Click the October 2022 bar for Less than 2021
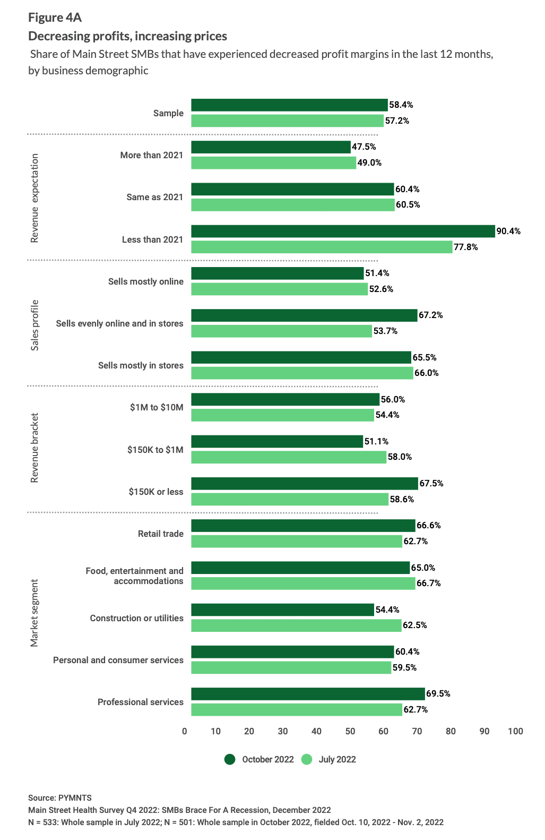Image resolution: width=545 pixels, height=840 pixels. click(x=343, y=231)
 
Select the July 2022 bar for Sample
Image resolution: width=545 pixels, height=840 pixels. click(x=287, y=121)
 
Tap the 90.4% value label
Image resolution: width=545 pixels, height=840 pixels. click(x=508, y=231)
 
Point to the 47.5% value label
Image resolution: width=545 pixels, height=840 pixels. click(x=364, y=147)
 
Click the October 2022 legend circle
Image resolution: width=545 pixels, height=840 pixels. click(x=230, y=759)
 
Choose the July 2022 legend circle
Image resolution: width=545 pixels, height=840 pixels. click(x=307, y=759)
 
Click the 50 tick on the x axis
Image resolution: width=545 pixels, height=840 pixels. click(x=350, y=731)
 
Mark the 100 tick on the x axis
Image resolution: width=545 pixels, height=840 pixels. click(x=515, y=731)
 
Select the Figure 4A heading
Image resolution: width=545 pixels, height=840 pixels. click(x=55, y=18)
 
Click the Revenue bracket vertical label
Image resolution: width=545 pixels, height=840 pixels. click(x=34, y=448)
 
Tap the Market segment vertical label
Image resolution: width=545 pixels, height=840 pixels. click(x=34, y=613)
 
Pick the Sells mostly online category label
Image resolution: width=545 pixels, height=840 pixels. click(x=145, y=281)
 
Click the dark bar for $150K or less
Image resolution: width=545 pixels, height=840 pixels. click(x=304, y=483)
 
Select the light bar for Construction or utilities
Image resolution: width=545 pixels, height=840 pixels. click(x=296, y=625)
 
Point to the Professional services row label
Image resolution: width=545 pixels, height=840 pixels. click(x=140, y=702)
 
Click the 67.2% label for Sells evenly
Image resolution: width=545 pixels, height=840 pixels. click(x=430, y=315)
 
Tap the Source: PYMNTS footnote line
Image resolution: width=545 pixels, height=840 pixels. click(x=60, y=798)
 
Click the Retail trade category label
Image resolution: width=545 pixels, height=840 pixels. click(x=160, y=534)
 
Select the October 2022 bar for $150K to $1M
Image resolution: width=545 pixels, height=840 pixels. click(x=276, y=441)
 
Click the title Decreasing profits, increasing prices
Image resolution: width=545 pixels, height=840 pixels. click(x=127, y=36)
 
